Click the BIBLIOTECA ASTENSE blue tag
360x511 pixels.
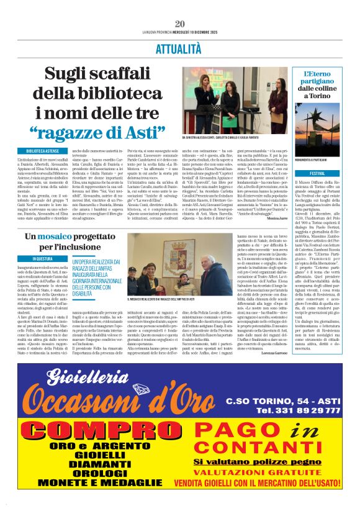click(x=42, y=151)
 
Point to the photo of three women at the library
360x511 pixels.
click(x=235, y=101)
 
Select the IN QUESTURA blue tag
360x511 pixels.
click(x=42, y=258)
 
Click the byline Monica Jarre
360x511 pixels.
click(x=274, y=219)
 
